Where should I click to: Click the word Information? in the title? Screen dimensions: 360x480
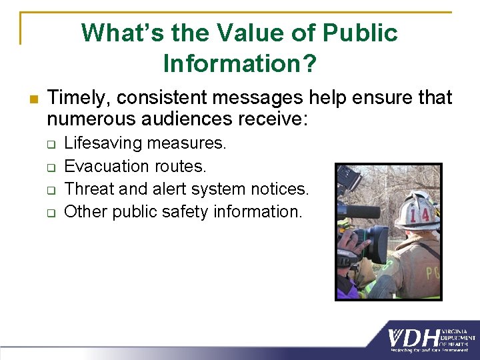click(x=240, y=63)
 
